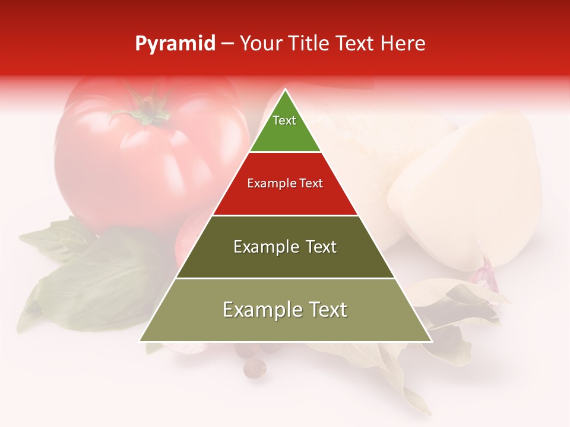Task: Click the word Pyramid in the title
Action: coord(175,44)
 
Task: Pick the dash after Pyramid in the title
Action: coord(227,44)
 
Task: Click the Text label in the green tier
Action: coord(284,120)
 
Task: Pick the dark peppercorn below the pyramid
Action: coord(255,368)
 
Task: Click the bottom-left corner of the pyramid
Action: coord(140,341)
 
